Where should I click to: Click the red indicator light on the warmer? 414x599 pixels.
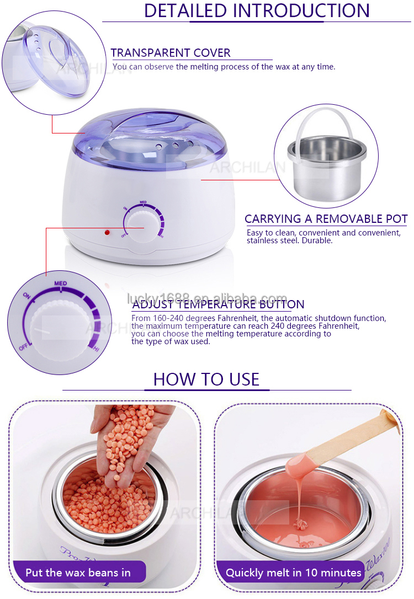tap(107, 232)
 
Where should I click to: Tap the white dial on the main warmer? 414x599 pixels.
tap(142, 226)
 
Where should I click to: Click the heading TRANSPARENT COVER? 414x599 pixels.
tap(171, 53)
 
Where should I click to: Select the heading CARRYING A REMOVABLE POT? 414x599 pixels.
tap(326, 219)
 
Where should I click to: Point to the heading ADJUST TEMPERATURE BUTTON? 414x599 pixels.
tap(218, 304)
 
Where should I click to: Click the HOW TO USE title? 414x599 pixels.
tap(206, 379)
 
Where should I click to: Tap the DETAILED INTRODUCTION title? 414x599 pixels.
tap(257, 10)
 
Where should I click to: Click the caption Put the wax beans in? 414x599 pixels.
tap(78, 573)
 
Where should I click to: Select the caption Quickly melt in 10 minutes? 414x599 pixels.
tap(293, 573)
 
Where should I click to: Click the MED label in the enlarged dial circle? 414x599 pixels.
tap(61, 283)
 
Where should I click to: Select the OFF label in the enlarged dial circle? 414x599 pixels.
tap(24, 347)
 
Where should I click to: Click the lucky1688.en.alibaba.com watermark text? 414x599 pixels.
tap(207, 298)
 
